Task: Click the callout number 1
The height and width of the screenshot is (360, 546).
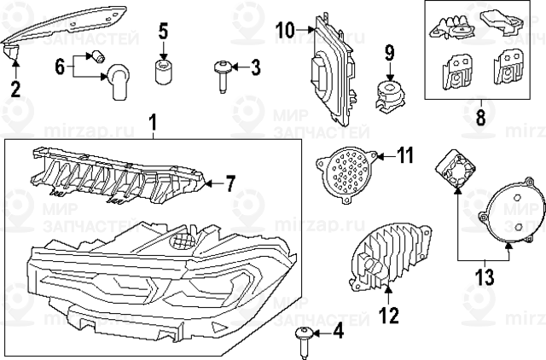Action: [x=154, y=125]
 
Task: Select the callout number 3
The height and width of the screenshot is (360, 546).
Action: [x=255, y=67]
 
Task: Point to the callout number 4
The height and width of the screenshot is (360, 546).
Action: [x=337, y=332]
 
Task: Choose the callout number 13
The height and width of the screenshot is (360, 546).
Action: [x=485, y=276]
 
